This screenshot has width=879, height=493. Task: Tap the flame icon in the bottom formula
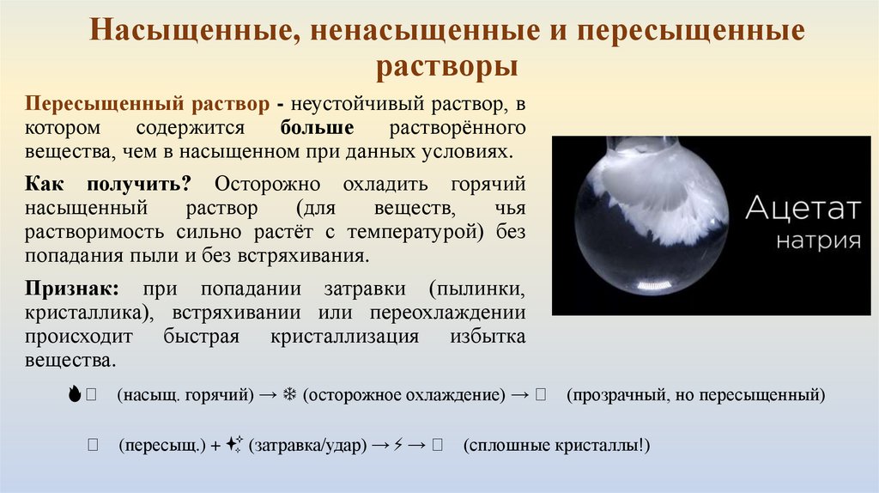[76, 395]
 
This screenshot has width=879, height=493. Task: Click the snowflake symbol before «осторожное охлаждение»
[289, 395]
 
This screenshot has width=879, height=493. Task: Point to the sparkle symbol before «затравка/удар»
[234, 446]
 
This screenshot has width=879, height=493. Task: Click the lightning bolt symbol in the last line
[397, 446]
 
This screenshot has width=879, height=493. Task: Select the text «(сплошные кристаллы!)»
[556, 446]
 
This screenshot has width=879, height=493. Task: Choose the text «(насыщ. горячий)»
[186, 395]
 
